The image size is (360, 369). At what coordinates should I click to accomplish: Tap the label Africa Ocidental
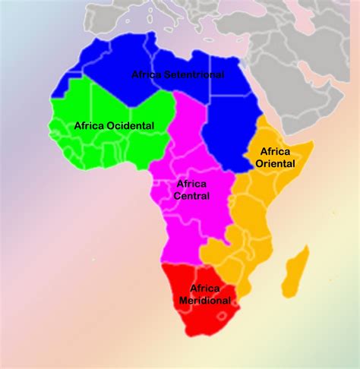coord(114,125)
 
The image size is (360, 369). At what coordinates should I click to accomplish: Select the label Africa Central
coord(191,190)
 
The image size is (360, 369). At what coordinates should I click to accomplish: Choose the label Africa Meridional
coord(204,295)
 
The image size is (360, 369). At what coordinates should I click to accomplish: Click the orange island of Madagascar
coord(296,271)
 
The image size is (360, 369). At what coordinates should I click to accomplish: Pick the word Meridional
coord(204,301)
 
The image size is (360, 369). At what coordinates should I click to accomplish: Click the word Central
coord(191,196)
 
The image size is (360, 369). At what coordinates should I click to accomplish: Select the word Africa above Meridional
coord(204,289)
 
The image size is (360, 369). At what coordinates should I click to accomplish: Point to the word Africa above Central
coord(191,184)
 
